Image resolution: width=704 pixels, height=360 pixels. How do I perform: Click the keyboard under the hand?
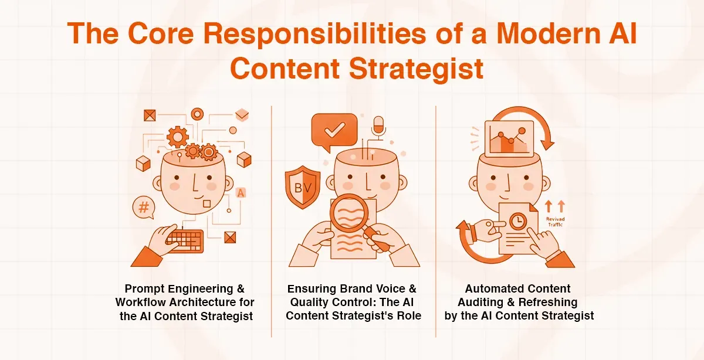184,240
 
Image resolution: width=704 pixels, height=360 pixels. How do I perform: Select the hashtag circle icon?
142,207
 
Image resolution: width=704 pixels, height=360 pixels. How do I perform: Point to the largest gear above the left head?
177,137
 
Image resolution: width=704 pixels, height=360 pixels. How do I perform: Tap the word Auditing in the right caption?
488,303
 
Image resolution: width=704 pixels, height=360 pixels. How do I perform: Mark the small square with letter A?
241,192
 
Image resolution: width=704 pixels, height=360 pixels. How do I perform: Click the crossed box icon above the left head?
149,114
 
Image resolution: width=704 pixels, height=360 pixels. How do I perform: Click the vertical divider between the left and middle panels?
272,223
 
